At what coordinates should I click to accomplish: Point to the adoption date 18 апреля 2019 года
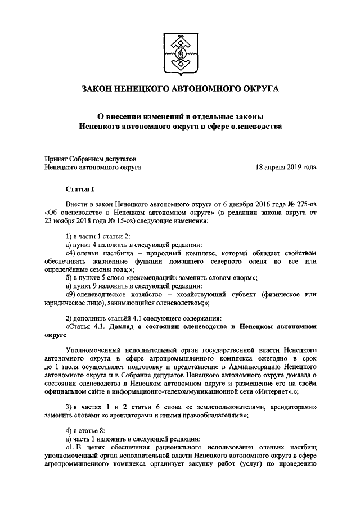click(x=286, y=167)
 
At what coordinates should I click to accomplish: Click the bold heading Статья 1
click(x=80, y=190)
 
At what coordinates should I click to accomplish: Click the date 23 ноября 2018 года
click(x=78, y=221)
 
